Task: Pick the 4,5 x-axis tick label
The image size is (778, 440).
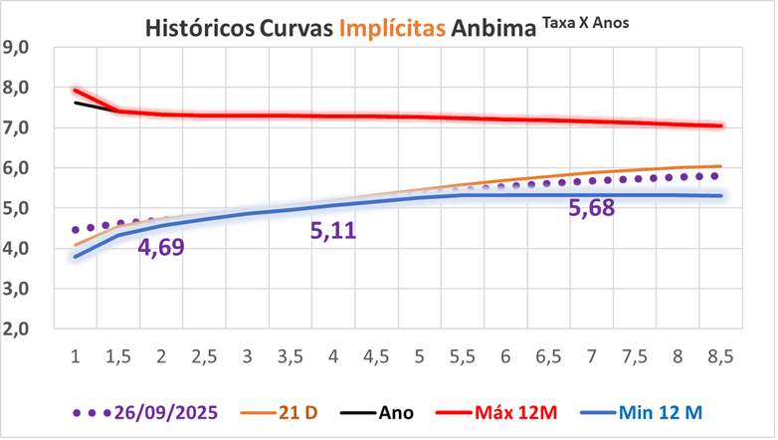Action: [375, 356]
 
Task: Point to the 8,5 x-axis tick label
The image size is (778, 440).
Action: [717, 356]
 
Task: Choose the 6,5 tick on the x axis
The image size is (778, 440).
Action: [546, 356]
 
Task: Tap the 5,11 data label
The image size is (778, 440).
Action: [332, 231]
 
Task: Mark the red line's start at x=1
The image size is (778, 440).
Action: [76, 91]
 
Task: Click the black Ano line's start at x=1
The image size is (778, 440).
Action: [76, 103]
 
